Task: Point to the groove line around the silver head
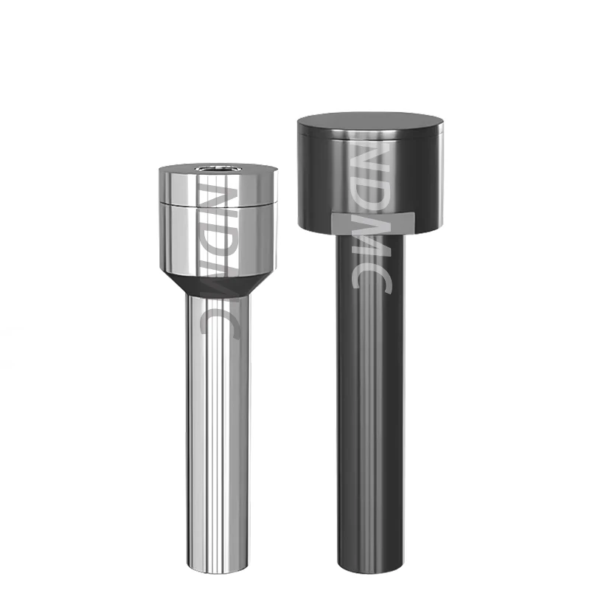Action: pyautogui.click(x=218, y=204)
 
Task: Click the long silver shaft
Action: pyautogui.click(x=218, y=433)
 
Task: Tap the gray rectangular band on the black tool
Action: pyautogui.click(x=373, y=223)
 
